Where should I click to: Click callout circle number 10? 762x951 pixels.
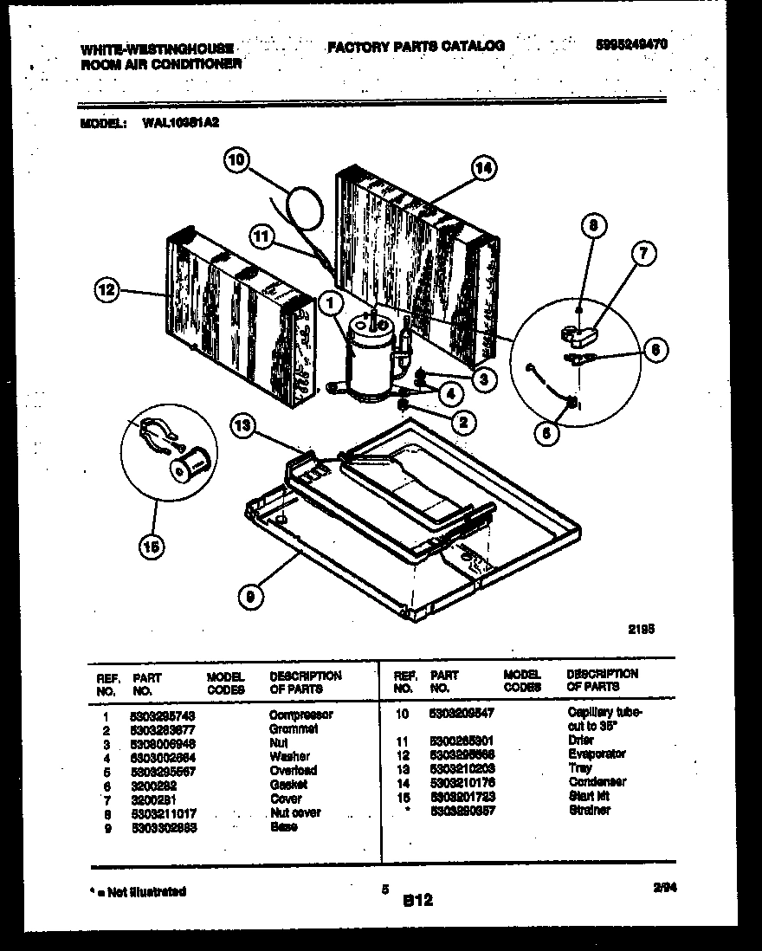tap(237, 159)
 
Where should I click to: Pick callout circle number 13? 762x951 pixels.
tap(244, 424)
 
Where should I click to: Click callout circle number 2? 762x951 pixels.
tap(463, 422)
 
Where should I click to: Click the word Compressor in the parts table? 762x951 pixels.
tap(300, 715)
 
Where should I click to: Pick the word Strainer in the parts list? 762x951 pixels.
tap(590, 810)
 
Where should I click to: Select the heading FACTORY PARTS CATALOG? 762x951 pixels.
tap(416, 46)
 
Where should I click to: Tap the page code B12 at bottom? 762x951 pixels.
tap(417, 901)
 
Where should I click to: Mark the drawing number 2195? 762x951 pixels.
tap(641, 631)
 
